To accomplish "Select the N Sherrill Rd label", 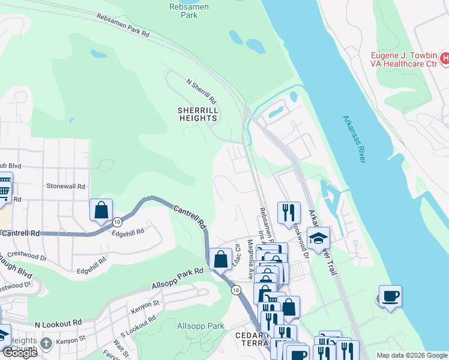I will pyautogui.click(x=201, y=91).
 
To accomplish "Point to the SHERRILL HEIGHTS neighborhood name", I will pyautogui.click(x=197, y=114).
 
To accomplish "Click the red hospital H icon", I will pyautogui.click(x=444, y=58).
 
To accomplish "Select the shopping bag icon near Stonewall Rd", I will pyautogui.click(x=101, y=209).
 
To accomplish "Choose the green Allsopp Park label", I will pyautogui.click(x=201, y=326).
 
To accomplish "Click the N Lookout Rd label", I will pyautogui.click(x=58, y=323).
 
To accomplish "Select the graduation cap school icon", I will pyautogui.click(x=318, y=238).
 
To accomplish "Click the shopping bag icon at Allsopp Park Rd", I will pyautogui.click(x=221, y=259).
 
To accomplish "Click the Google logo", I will pyautogui.click(x=19, y=353).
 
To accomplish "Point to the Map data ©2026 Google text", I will pyautogui.click(x=412, y=355).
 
